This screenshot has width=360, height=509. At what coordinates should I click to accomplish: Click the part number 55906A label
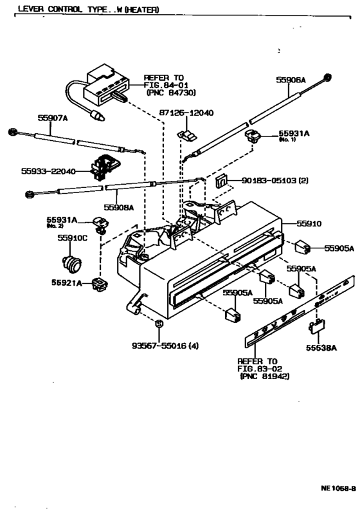point(291,80)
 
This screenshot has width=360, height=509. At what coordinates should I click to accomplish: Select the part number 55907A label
point(52,118)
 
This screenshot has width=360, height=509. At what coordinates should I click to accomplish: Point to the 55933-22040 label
point(48,171)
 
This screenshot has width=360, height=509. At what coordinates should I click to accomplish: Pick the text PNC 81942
point(264,376)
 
